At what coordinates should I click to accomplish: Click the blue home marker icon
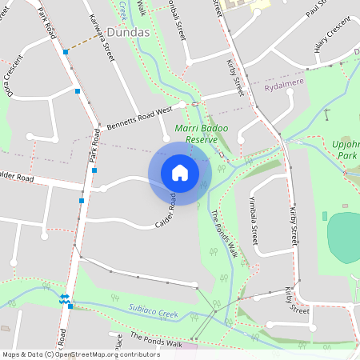pyautogui.click(x=179, y=173)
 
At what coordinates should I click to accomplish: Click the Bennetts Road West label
pyautogui.click(x=140, y=119)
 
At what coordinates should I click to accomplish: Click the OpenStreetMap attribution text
pyautogui.click(x=81, y=354)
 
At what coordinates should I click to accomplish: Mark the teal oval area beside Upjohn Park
pyautogui.click(x=345, y=237)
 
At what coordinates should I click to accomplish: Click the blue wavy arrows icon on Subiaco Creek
pyautogui.click(x=63, y=299)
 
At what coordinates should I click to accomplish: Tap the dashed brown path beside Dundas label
pyautogui.click(x=84, y=42)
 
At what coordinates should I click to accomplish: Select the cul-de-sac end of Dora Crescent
pyautogui.click(x=32, y=137)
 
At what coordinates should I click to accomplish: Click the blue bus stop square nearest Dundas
pyautogui.click(x=66, y=52)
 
